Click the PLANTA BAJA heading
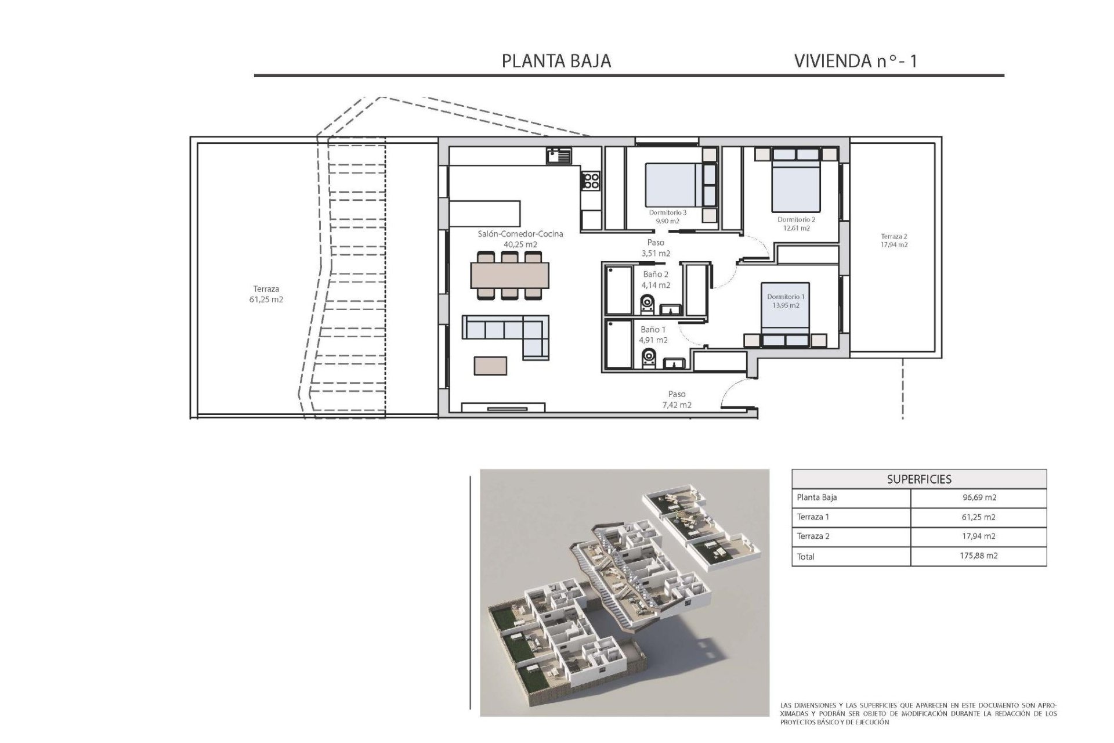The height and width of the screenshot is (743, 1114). [x=556, y=61]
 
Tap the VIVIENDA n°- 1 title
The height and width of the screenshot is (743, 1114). [x=855, y=61]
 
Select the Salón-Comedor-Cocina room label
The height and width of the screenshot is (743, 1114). [x=520, y=234]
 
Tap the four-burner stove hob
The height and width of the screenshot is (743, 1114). [x=591, y=181]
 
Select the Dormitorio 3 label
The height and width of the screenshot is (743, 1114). [x=667, y=212]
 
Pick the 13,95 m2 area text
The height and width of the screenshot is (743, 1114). [x=786, y=305]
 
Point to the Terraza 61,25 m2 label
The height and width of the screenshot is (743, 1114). [x=266, y=294]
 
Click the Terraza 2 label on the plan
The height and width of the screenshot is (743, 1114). [x=894, y=236]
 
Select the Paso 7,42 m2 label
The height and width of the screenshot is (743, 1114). [x=677, y=399]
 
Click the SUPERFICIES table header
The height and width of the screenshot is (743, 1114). [x=918, y=479]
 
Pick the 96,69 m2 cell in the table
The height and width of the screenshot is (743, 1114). [x=978, y=497]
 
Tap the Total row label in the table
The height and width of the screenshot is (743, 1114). [x=806, y=556]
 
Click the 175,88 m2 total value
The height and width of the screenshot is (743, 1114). [x=978, y=556]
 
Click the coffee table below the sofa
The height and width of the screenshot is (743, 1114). [x=490, y=365]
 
